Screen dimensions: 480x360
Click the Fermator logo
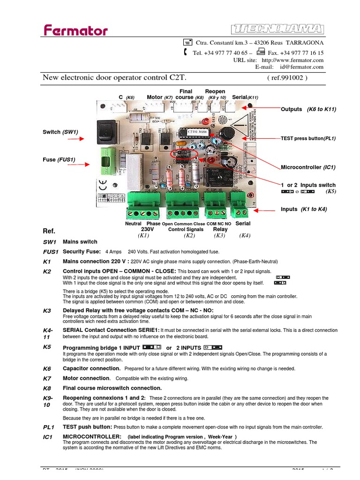pyautogui.click(x=75, y=31)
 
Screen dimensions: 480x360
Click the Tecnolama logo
pyautogui.click(x=277, y=29)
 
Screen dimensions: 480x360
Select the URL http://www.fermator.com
pyautogui.click(x=292, y=60)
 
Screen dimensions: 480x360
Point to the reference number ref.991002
pyautogui.click(x=287, y=78)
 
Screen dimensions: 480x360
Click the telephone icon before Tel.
pyautogui.click(x=186, y=52)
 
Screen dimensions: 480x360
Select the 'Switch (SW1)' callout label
pyautogui.click(x=60, y=132)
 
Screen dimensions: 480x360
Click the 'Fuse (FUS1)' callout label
pyautogui.click(x=59, y=159)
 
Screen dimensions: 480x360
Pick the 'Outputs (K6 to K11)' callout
pyautogui.click(x=308, y=109)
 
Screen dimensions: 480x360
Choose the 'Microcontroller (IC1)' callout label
pyautogui.click(x=308, y=167)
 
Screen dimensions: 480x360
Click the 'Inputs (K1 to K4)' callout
pyautogui.click(x=304, y=209)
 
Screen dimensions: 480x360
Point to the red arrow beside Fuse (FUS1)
pyautogui.click(x=80, y=165)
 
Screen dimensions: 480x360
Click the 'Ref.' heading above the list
pyautogui.click(x=49, y=232)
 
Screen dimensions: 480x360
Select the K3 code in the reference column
pyautogui.click(x=47, y=311)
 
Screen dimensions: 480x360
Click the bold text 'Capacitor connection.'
pyautogui.click(x=92, y=369)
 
